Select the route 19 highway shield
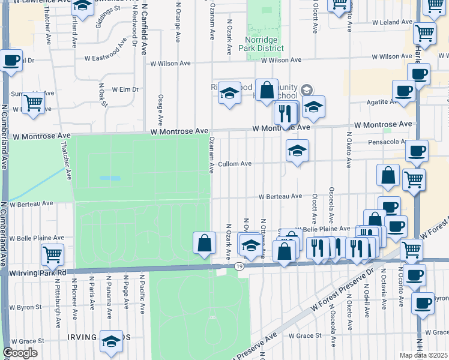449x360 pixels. pos(239,266)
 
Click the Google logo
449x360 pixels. pos(20,353)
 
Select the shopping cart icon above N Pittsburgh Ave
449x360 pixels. pos(52,254)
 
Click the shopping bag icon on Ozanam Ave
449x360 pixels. pos(204,242)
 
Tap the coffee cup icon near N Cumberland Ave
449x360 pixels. pos(11,61)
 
